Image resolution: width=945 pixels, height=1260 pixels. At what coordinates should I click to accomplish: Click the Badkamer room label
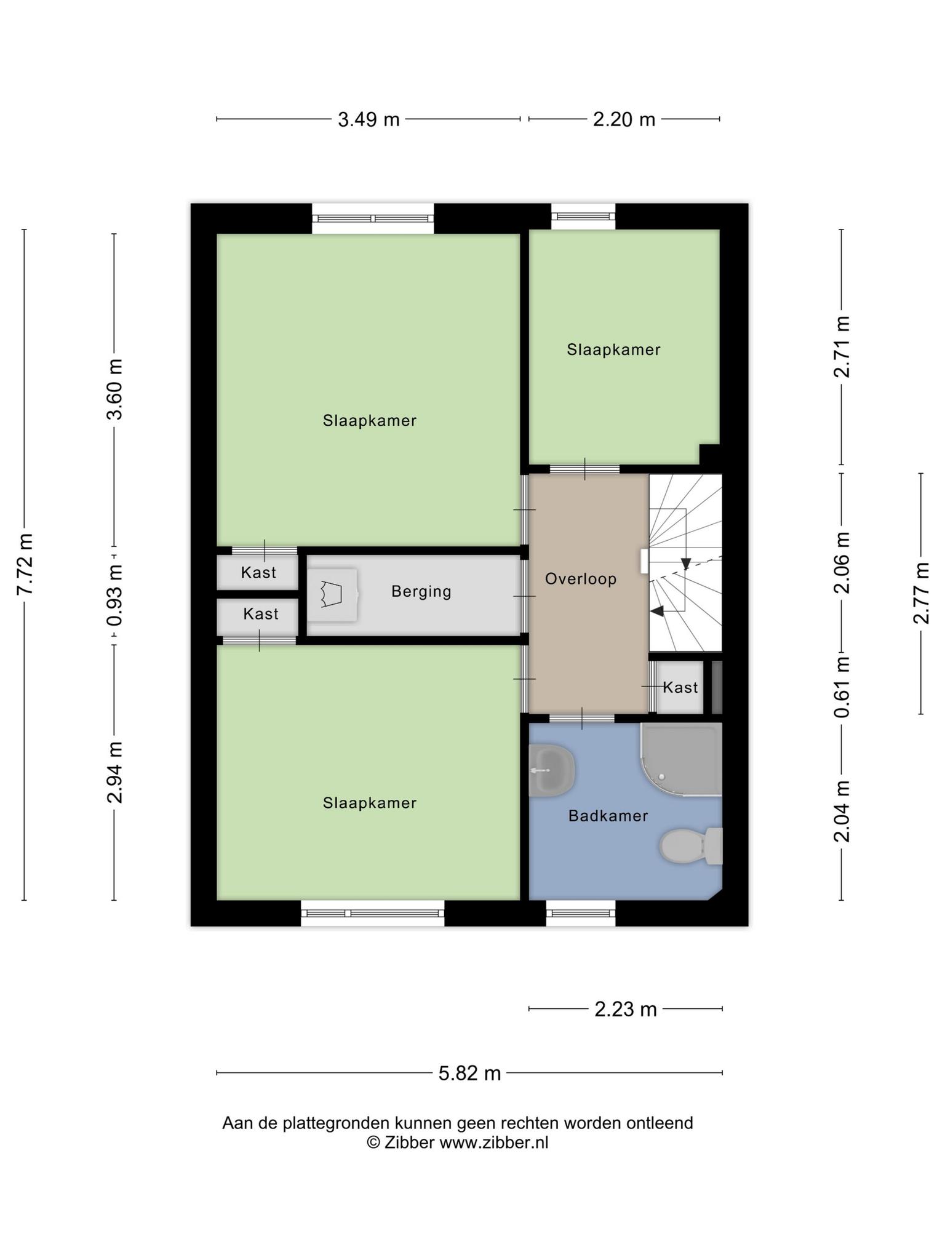pyautogui.click(x=608, y=816)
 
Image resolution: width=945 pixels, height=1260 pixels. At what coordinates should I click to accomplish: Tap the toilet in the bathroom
pyautogui.click(x=691, y=846)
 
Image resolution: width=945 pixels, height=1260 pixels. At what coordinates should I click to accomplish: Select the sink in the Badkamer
pyautogui.click(x=551, y=770)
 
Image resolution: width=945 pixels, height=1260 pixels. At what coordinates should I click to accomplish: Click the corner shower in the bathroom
pyautogui.click(x=680, y=760)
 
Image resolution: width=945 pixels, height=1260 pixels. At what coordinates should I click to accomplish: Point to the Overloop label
pyautogui.click(x=581, y=579)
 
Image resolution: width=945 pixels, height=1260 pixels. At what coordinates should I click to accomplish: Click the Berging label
pyautogui.click(x=421, y=592)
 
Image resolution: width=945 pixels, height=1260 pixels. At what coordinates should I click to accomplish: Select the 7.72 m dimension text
pyautogui.click(x=25, y=565)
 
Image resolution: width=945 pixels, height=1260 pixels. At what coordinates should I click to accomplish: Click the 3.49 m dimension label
pyautogui.click(x=369, y=119)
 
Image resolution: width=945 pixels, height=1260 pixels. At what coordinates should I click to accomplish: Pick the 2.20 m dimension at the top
pyautogui.click(x=624, y=119)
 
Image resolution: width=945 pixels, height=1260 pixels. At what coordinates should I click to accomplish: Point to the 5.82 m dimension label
pyautogui.click(x=469, y=1072)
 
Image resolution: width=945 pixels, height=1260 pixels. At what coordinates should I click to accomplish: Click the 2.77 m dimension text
pyautogui.click(x=921, y=593)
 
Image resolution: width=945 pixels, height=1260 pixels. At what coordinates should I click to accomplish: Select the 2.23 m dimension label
pyautogui.click(x=626, y=1008)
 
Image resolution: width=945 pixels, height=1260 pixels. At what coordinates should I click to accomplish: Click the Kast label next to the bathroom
pyautogui.click(x=680, y=687)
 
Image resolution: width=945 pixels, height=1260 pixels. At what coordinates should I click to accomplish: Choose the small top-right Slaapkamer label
pyautogui.click(x=613, y=350)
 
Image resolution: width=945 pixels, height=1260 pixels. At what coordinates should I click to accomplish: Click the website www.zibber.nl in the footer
pyautogui.click(x=493, y=1142)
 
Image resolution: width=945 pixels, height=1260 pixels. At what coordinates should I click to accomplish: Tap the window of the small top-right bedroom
pyautogui.click(x=583, y=216)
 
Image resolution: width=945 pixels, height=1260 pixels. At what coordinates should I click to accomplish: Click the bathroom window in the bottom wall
pyautogui.click(x=581, y=913)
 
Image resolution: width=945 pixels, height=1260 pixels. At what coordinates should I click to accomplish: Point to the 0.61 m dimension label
pyautogui.click(x=842, y=686)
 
